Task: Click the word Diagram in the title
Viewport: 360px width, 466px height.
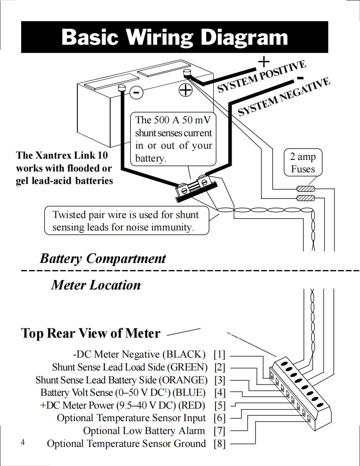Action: pos(244,37)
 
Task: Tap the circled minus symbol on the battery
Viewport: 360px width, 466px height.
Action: pos(136,92)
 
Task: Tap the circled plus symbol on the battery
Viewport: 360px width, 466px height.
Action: pos(185,90)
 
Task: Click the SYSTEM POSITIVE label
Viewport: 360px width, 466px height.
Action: pos(261,77)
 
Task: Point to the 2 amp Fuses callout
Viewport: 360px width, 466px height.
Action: pos(303,163)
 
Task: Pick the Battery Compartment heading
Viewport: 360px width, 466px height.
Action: pos(103,258)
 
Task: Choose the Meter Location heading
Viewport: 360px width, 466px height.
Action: pos(96,285)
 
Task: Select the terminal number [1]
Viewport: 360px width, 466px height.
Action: pos(219,355)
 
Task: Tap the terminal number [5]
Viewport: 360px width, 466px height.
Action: pos(219,405)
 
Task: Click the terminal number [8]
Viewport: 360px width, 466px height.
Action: pos(219,444)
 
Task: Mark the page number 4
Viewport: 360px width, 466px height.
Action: pos(23,442)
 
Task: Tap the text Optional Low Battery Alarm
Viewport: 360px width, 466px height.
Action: pos(144,431)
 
